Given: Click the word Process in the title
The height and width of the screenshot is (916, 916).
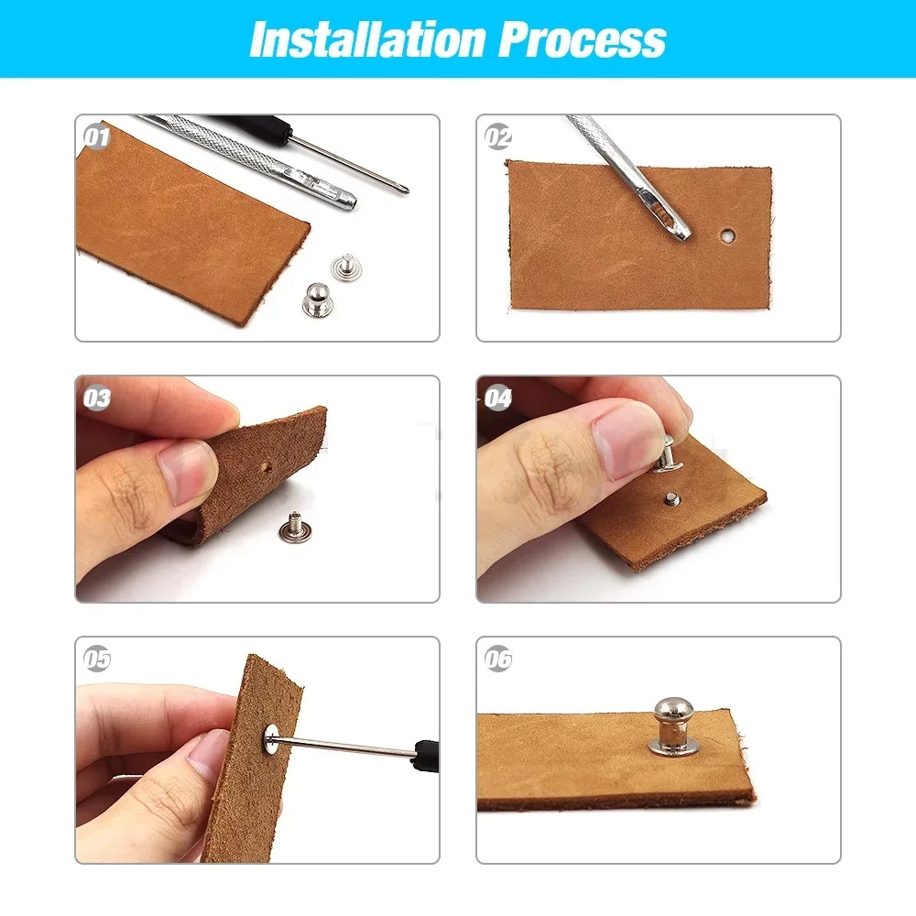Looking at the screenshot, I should pos(583,39).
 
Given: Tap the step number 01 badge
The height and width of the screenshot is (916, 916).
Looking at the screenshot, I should pos(96,137).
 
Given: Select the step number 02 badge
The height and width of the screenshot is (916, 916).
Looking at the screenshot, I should pos(498,137).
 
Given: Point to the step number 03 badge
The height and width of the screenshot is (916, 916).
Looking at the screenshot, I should pos(96,398).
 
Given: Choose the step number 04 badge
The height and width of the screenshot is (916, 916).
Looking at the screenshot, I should pos(498,398).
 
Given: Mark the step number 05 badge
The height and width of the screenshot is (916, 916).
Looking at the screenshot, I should pos(96,660).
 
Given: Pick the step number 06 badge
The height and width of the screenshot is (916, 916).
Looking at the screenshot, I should pos(498,660).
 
